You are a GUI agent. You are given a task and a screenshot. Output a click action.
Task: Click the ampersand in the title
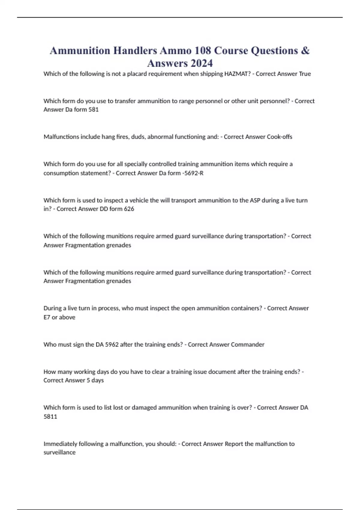[x=305, y=50]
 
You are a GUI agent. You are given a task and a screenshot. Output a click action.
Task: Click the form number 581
[x=93, y=109]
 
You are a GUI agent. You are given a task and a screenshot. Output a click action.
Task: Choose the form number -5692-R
[x=193, y=173]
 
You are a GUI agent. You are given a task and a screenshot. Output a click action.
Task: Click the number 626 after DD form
[x=129, y=209]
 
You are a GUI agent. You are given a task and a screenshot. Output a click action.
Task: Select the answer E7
[x=47, y=317]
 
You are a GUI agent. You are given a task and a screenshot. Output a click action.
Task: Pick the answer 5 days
[x=95, y=380]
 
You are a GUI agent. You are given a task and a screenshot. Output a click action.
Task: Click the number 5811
[x=50, y=416]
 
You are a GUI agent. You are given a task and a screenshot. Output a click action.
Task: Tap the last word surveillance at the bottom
[x=59, y=452]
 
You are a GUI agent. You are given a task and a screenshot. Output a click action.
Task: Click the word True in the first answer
[x=305, y=74]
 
